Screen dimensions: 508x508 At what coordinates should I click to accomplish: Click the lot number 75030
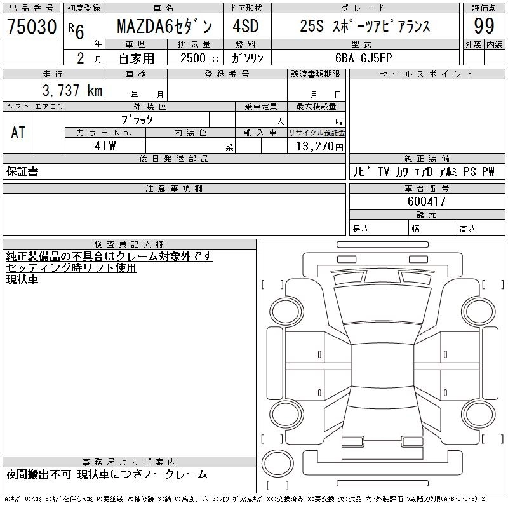(x=31, y=26)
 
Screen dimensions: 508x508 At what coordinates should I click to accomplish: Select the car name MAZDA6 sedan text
(x=164, y=26)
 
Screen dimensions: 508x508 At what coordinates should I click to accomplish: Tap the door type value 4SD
(x=246, y=26)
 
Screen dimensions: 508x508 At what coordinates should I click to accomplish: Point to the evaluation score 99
(x=484, y=26)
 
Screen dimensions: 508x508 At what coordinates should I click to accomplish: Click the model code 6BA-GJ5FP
(x=363, y=58)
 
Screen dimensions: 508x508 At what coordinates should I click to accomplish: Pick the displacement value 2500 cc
(x=199, y=58)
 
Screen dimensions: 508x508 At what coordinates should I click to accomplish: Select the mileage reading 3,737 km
(x=72, y=90)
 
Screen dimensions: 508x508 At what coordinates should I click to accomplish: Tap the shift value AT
(x=18, y=132)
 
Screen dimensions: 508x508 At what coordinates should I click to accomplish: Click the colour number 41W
(x=105, y=146)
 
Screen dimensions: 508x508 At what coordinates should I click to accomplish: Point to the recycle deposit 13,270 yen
(x=320, y=147)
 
